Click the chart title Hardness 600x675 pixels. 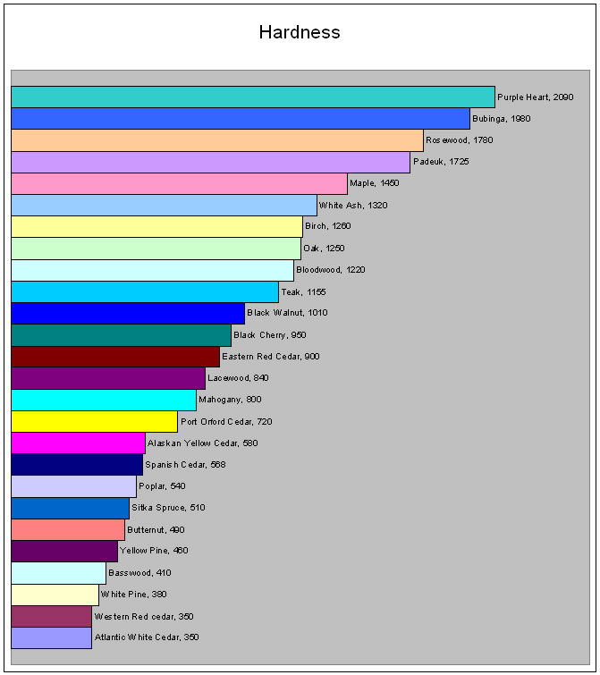pos(300,32)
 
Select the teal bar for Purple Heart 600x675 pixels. pos(253,97)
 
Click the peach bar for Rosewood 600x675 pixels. pos(217,140)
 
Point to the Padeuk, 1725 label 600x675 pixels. pos(441,162)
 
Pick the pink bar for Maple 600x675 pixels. pos(179,183)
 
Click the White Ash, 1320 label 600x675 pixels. pos(353,206)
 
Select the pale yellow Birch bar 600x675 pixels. pos(156,227)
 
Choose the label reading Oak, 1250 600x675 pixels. pos(324,249)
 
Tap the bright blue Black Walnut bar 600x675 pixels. pos(128,313)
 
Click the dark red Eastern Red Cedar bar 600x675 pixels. pos(115,357)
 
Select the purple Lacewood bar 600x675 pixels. pos(108,378)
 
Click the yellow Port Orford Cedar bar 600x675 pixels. pos(95,421)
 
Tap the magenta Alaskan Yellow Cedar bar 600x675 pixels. pos(79,443)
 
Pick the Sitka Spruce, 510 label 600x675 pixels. pos(168,508)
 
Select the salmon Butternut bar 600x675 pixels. pos(68,529)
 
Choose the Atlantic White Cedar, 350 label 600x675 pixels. pos(147,637)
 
